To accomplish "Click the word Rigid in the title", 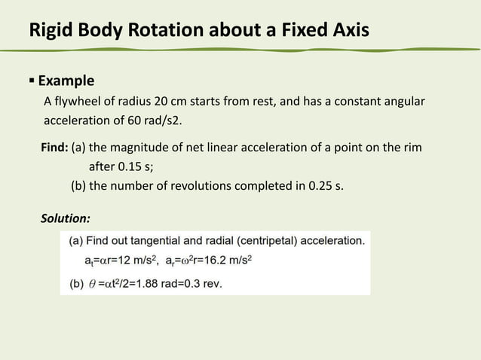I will (x=49, y=31).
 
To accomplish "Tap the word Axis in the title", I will (x=346, y=31).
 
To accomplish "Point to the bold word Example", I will (x=66, y=81).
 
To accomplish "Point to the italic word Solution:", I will (x=66, y=218).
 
